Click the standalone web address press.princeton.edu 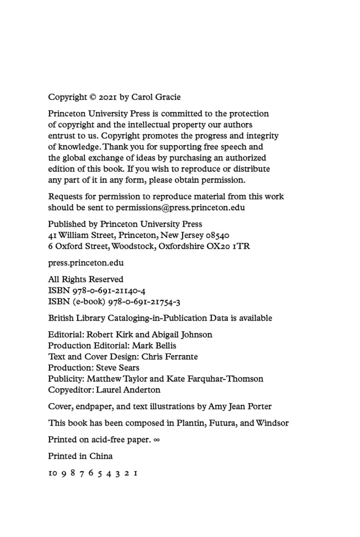86,262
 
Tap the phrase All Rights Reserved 85,279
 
